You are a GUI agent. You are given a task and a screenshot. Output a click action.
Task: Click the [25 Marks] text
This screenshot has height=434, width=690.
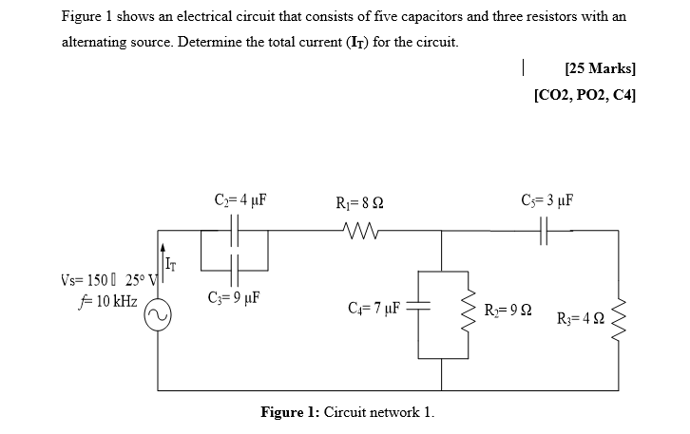(x=599, y=69)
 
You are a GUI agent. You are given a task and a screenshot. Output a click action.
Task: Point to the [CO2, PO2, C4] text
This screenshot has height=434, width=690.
(x=585, y=95)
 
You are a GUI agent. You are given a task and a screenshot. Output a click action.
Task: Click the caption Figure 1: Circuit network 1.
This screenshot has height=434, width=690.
(x=346, y=412)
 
